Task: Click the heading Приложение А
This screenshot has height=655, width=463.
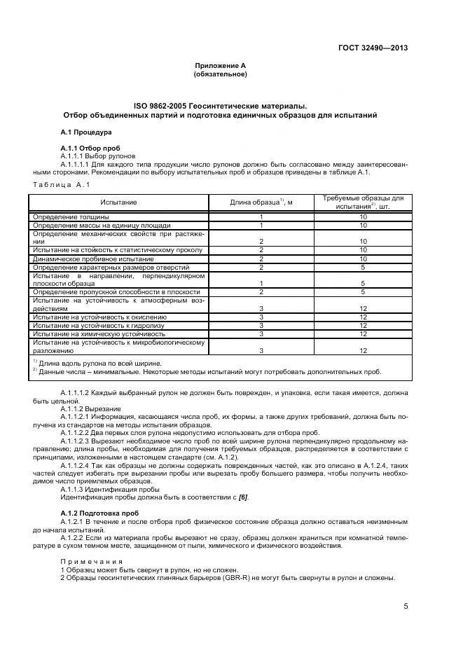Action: point(220,65)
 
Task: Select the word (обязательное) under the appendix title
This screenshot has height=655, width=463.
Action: point(220,74)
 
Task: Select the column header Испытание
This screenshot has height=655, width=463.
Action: point(118,202)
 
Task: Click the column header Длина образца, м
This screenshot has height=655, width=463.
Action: point(261,202)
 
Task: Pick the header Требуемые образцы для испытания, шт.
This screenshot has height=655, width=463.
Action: point(363,202)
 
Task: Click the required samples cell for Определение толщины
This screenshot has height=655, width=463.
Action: point(363,218)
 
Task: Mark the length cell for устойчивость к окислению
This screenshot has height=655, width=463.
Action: point(261,317)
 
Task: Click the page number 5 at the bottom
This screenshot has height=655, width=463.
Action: point(406,607)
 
